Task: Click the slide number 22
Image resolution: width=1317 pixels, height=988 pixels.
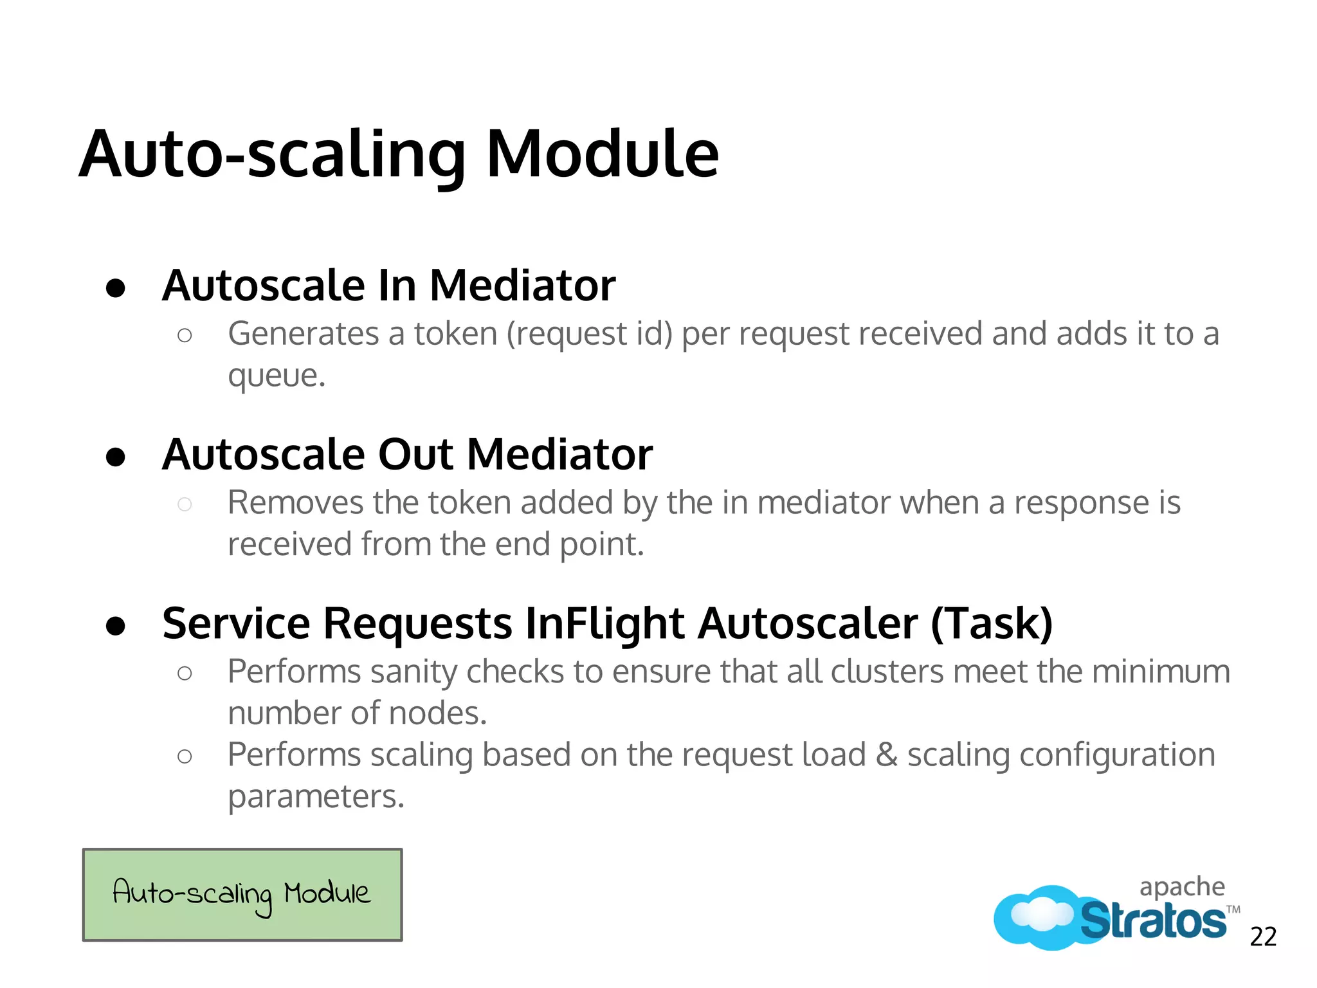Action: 1263,937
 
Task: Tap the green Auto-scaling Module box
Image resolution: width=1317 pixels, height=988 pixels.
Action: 242,895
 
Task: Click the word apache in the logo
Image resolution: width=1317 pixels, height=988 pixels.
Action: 1182,887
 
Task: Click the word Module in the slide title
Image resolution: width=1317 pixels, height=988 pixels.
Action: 602,154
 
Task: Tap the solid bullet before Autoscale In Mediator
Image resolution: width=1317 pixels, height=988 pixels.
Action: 116,288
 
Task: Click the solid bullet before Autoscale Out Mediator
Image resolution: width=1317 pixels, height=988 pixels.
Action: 116,457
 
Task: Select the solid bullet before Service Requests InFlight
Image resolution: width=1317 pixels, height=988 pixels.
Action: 116,626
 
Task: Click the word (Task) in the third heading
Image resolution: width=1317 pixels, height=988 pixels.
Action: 992,623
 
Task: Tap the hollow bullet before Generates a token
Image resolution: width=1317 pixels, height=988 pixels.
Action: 185,335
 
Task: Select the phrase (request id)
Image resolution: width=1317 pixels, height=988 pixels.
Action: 589,334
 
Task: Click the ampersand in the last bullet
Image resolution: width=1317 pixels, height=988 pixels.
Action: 886,755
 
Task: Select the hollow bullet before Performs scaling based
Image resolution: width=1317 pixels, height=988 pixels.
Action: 185,756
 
